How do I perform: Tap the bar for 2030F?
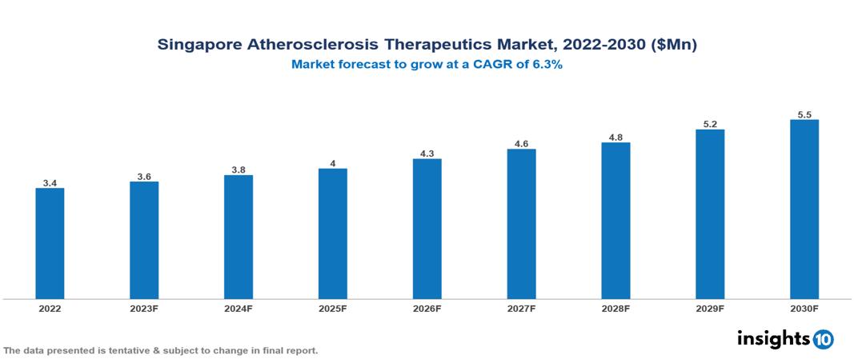point(804,209)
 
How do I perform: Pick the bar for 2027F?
point(521,224)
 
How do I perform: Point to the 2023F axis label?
point(144,309)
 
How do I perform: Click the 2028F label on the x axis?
point(615,309)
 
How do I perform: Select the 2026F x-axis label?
point(427,309)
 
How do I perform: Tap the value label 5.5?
point(804,115)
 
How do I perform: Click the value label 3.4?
point(50,183)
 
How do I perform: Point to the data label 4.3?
point(427,154)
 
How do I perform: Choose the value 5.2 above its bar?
point(710,125)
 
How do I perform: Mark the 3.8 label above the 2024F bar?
point(239,170)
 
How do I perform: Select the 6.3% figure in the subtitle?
point(547,65)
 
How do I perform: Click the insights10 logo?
point(785,339)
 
